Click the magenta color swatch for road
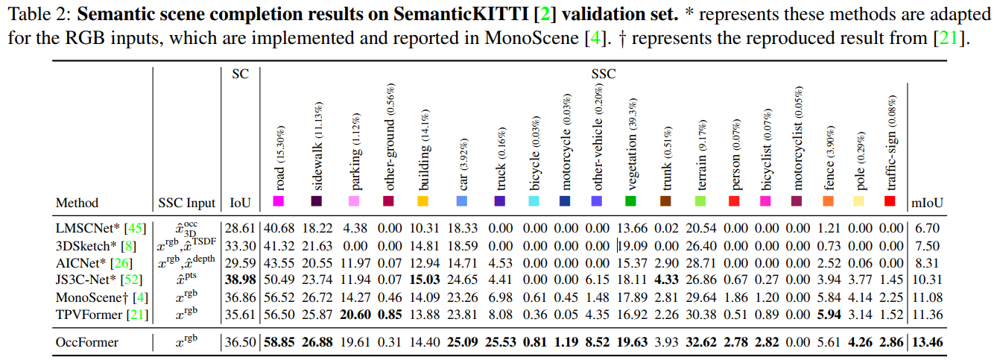coord(278,201)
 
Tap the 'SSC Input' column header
coord(187,203)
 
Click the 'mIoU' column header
coord(928,203)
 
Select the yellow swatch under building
coord(422,201)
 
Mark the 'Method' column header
coord(77,203)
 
